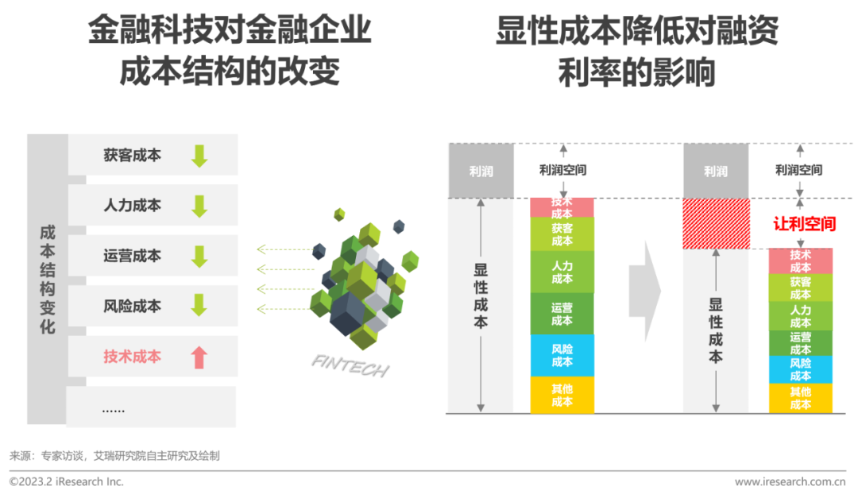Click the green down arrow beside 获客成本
(199, 156)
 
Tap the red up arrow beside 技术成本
(199, 357)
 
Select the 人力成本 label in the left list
(133, 205)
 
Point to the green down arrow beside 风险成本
(199, 305)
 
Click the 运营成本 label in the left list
(133, 256)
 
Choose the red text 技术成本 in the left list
(133, 357)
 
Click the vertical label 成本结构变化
(48, 279)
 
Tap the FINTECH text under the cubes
(350, 365)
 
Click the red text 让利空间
(804, 224)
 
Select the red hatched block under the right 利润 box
(717, 224)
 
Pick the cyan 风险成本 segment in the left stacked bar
(562, 356)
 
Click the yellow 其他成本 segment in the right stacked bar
(801, 398)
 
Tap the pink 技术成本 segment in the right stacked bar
(801, 261)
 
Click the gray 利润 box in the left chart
(481, 172)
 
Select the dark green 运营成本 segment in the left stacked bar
(562, 314)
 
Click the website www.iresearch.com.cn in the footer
(790, 481)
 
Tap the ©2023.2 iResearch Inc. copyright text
(66, 481)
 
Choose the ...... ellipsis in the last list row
(114, 409)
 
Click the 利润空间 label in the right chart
(799, 170)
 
